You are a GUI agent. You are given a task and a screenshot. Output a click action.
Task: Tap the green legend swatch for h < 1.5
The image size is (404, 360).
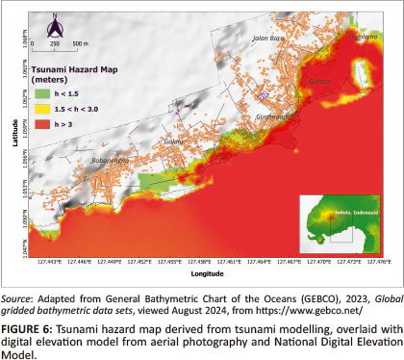[x=41, y=94]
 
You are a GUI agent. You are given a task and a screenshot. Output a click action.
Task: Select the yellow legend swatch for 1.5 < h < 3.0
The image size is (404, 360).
[x=41, y=110]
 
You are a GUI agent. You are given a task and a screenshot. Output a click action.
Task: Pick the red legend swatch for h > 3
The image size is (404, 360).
[x=41, y=125]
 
